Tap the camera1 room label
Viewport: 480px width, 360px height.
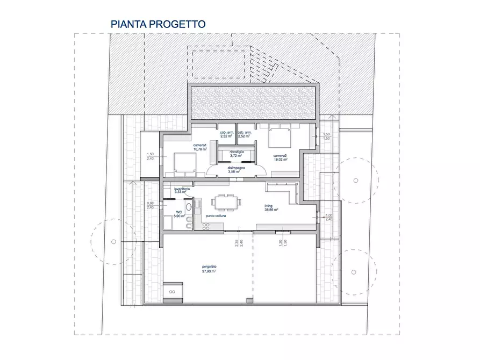pos(200,145)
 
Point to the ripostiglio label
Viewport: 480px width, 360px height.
pos(237,152)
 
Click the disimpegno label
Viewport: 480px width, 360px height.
pos(237,167)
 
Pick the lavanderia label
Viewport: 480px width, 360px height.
pos(181,189)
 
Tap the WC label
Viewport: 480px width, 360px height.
pos(179,212)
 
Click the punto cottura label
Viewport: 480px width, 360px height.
pos(215,215)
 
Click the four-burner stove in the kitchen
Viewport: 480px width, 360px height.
pos(205,226)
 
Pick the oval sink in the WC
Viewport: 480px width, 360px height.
pos(189,207)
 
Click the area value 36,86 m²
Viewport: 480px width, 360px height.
pos(271,210)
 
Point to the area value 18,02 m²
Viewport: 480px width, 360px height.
pos(281,159)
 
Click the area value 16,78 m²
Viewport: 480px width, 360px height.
pos(200,149)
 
